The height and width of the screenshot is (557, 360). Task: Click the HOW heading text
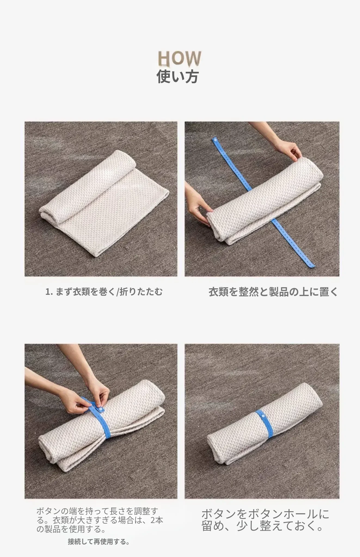[180, 58]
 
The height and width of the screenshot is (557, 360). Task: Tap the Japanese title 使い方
[177, 76]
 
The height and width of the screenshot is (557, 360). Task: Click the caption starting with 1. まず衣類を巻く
[104, 292]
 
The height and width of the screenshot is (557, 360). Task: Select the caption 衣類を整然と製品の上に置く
[273, 292]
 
